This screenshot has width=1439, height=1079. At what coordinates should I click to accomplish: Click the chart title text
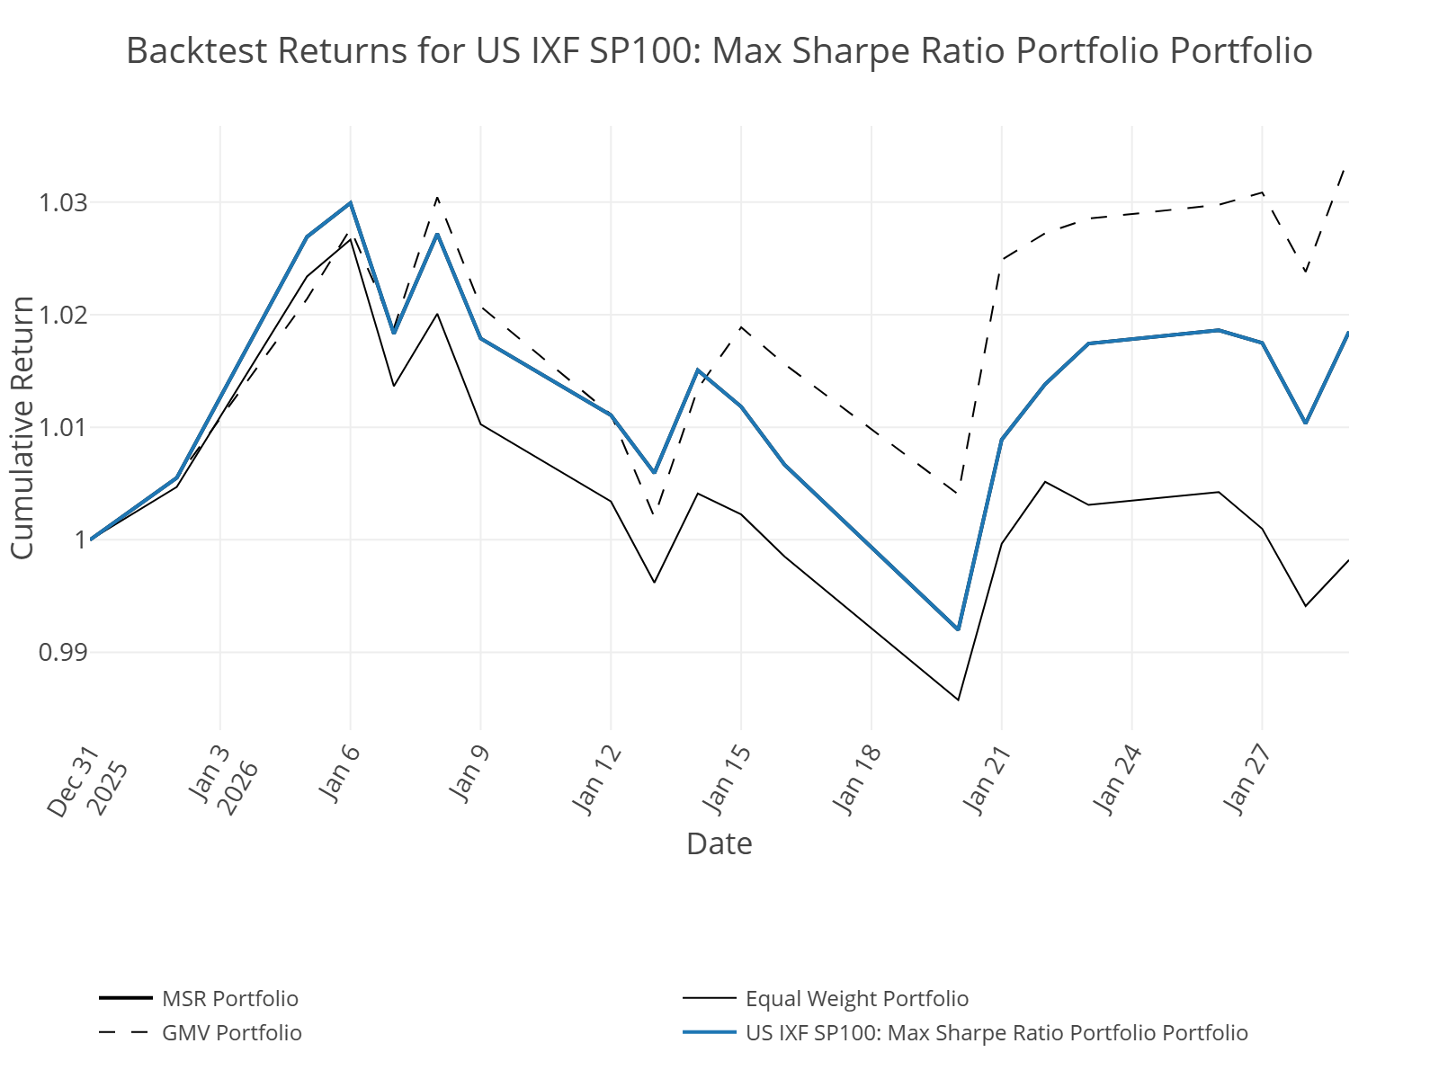pyautogui.click(x=719, y=51)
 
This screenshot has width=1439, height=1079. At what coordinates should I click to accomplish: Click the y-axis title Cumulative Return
pyautogui.click(x=22, y=427)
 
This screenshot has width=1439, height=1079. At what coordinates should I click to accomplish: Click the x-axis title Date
pyautogui.click(x=719, y=843)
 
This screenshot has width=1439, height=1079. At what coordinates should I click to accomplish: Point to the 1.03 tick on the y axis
pyautogui.click(x=63, y=203)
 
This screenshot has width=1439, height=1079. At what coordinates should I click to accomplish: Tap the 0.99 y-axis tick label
pyautogui.click(x=63, y=652)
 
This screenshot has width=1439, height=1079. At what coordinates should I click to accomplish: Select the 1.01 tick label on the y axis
pyautogui.click(x=63, y=427)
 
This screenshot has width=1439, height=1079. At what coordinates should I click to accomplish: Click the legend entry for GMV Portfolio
pyautogui.click(x=231, y=1032)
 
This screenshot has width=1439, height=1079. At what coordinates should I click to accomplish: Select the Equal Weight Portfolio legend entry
pyautogui.click(x=856, y=999)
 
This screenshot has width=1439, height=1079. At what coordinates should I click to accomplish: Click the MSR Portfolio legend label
pyautogui.click(x=229, y=999)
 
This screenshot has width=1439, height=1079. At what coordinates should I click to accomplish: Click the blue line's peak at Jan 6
pyautogui.click(x=351, y=203)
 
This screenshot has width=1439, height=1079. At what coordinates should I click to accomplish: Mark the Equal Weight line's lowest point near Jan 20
pyautogui.click(x=958, y=700)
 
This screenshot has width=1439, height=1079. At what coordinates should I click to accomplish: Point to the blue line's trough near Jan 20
pyautogui.click(x=958, y=629)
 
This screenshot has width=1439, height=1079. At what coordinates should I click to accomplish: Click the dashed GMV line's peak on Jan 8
pyautogui.click(x=437, y=198)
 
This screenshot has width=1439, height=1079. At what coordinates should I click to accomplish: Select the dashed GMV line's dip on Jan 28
pyautogui.click(x=1305, y=272)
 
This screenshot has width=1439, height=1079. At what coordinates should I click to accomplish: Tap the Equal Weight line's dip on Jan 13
pyautogui.click(x=654, y=583)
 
